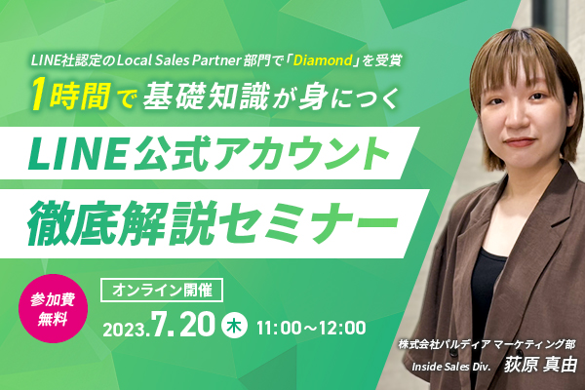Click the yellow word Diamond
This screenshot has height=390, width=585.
point(323,60)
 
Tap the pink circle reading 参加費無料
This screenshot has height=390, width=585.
point(53,309)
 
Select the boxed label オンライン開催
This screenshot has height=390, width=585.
point(162,290)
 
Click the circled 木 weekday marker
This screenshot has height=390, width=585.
point(234,326)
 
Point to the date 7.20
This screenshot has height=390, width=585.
point(183,324)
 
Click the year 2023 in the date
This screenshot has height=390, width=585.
point(124,330)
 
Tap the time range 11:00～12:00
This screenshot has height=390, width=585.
point(311,328)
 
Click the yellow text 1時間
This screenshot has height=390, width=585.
point(71,96)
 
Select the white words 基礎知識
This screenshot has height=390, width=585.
point(206,96)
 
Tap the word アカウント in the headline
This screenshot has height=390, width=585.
point(301,153)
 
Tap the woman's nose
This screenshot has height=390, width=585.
point(514,119)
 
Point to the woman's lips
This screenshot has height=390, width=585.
point(519,141)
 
